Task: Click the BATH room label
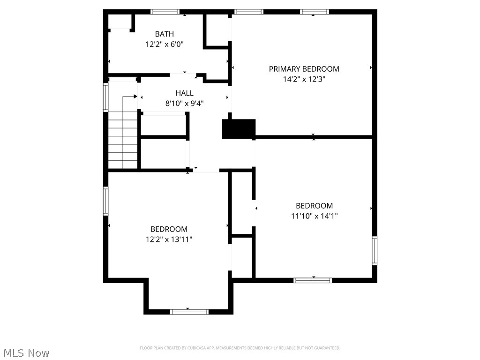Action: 165,34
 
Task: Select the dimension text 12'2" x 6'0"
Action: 165,45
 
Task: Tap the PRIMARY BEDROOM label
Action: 304,69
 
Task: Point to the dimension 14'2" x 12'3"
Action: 304,79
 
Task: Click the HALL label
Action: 184,93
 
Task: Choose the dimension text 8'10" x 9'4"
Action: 184,104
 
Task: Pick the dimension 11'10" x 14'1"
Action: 314,216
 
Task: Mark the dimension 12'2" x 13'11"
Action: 169,240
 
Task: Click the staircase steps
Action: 123,141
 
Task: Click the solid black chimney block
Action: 239,129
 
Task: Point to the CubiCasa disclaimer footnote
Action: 240,348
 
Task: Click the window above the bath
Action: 165,12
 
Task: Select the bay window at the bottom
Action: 189,311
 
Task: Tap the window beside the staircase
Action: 106,97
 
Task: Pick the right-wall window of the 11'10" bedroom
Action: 374,251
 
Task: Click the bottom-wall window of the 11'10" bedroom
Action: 313,280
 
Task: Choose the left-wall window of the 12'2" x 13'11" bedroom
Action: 106,201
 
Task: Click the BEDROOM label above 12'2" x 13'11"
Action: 169,229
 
